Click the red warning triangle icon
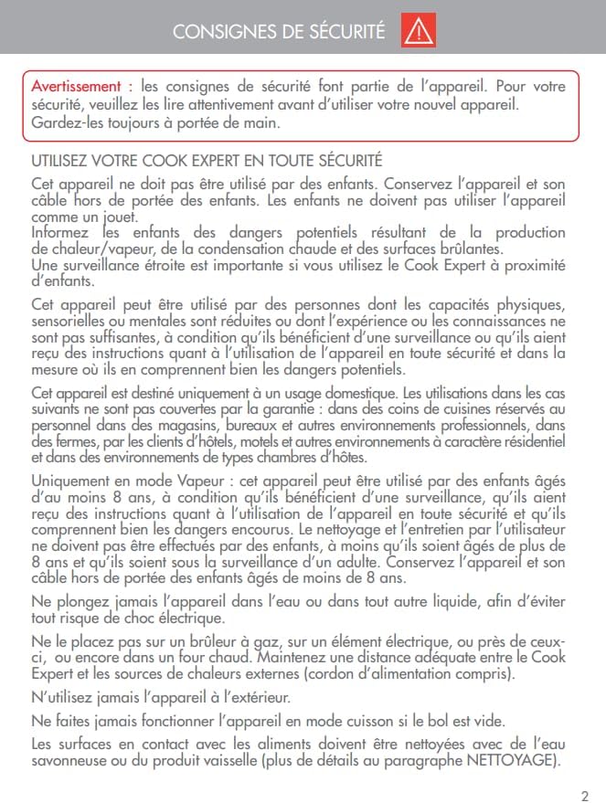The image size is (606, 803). click(x=419, y=32)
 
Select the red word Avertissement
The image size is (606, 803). click(x=76, y=87)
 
